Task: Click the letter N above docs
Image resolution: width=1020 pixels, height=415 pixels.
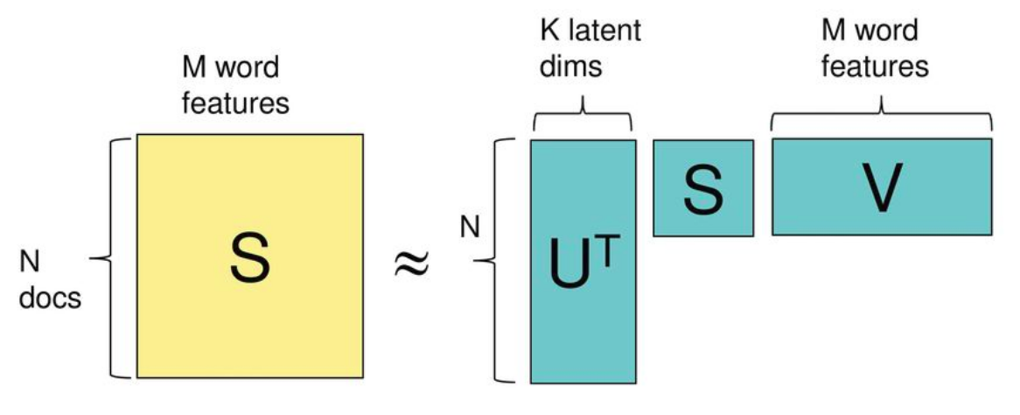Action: tap(30, 262)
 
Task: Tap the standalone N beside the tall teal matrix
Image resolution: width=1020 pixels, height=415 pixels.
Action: tap(470, 229)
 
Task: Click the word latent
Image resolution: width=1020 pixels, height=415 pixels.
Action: tap(603, 31)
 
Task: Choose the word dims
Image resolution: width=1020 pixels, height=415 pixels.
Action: tap(569, 67)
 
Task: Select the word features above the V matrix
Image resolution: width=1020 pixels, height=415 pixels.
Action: tap(875, 67)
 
